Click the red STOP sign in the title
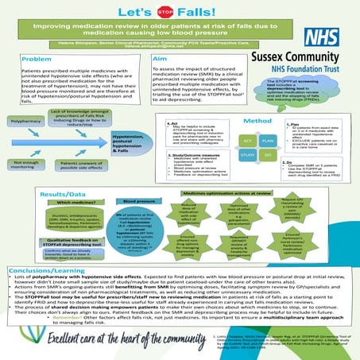166,13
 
